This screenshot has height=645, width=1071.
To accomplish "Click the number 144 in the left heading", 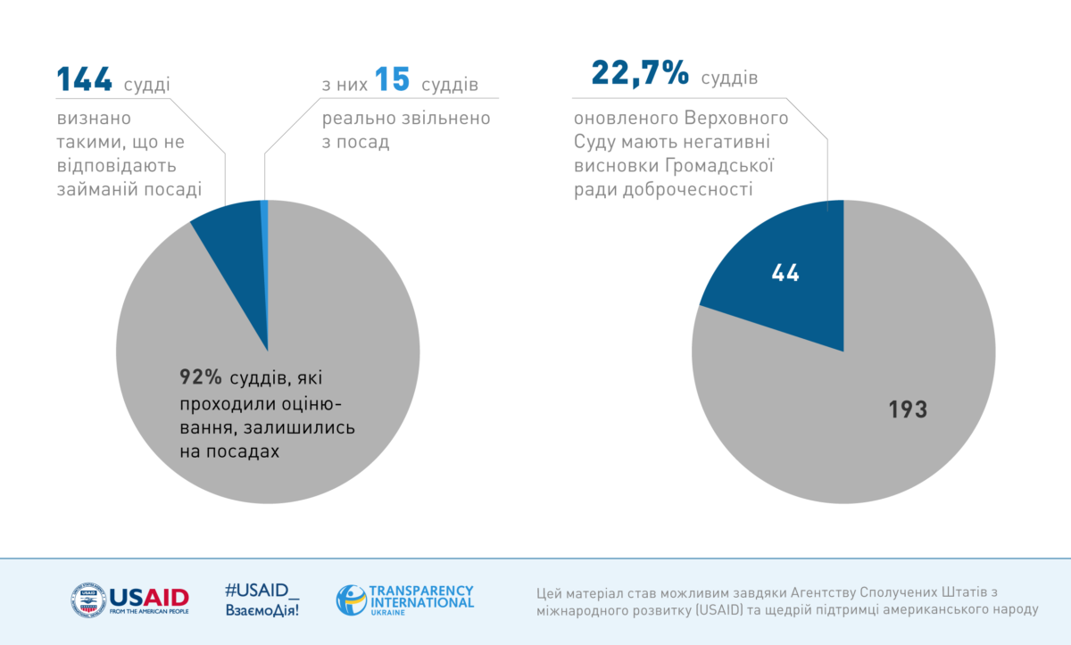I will (85, 80).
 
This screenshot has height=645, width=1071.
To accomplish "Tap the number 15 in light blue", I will (392, 80).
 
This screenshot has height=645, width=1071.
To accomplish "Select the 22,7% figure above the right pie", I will (639, 74).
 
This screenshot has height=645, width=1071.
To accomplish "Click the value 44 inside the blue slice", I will (785, 274).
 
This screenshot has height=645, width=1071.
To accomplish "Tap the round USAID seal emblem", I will (87, 600).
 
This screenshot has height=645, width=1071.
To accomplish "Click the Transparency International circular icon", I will (351, 600).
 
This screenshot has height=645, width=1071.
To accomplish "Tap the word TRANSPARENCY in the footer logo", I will (420, 591).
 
